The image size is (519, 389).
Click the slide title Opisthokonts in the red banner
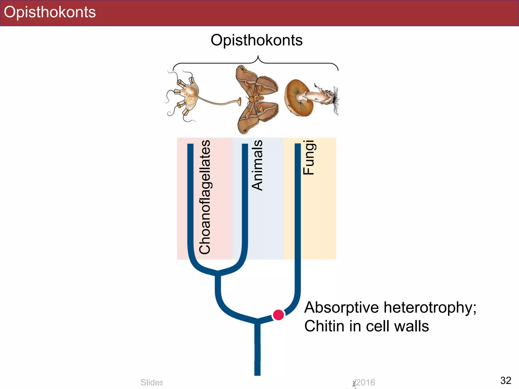tap(50, 12)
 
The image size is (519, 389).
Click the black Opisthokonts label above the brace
tap(256, 40)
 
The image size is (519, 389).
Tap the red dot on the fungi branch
tap(278, 315)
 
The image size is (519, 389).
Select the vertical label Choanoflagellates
tap(205, 197)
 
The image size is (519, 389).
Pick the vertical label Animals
tap(257, 165)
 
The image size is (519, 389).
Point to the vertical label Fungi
tap(309, 158)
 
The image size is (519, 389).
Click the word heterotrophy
tap(430, 307)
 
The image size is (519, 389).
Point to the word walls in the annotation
tap(412, 326)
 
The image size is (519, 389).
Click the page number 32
tap(506, 380)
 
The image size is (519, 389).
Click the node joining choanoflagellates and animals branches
tap(218, 273)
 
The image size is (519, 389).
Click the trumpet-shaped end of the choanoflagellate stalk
tap(239, 101)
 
